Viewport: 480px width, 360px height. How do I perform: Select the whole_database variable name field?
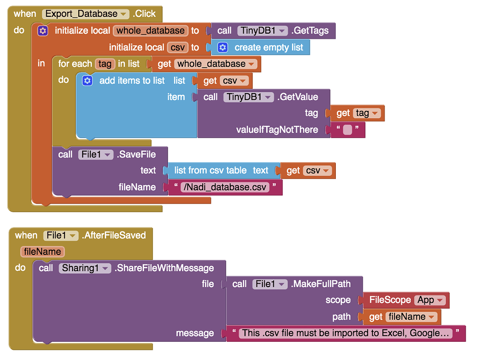150,31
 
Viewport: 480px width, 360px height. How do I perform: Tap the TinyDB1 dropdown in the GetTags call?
262,31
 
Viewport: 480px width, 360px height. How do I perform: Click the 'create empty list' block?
268,48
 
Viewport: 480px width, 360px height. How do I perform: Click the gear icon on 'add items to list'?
87,81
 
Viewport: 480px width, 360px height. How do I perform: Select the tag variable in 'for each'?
105,64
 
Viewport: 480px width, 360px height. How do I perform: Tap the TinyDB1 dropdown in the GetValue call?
248,97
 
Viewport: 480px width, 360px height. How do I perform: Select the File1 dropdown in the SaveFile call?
95,154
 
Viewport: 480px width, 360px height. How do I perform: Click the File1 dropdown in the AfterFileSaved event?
60,235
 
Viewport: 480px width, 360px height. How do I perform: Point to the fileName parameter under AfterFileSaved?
42,252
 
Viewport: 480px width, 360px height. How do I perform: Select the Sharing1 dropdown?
85,268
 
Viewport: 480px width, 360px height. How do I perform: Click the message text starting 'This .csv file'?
346,333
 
